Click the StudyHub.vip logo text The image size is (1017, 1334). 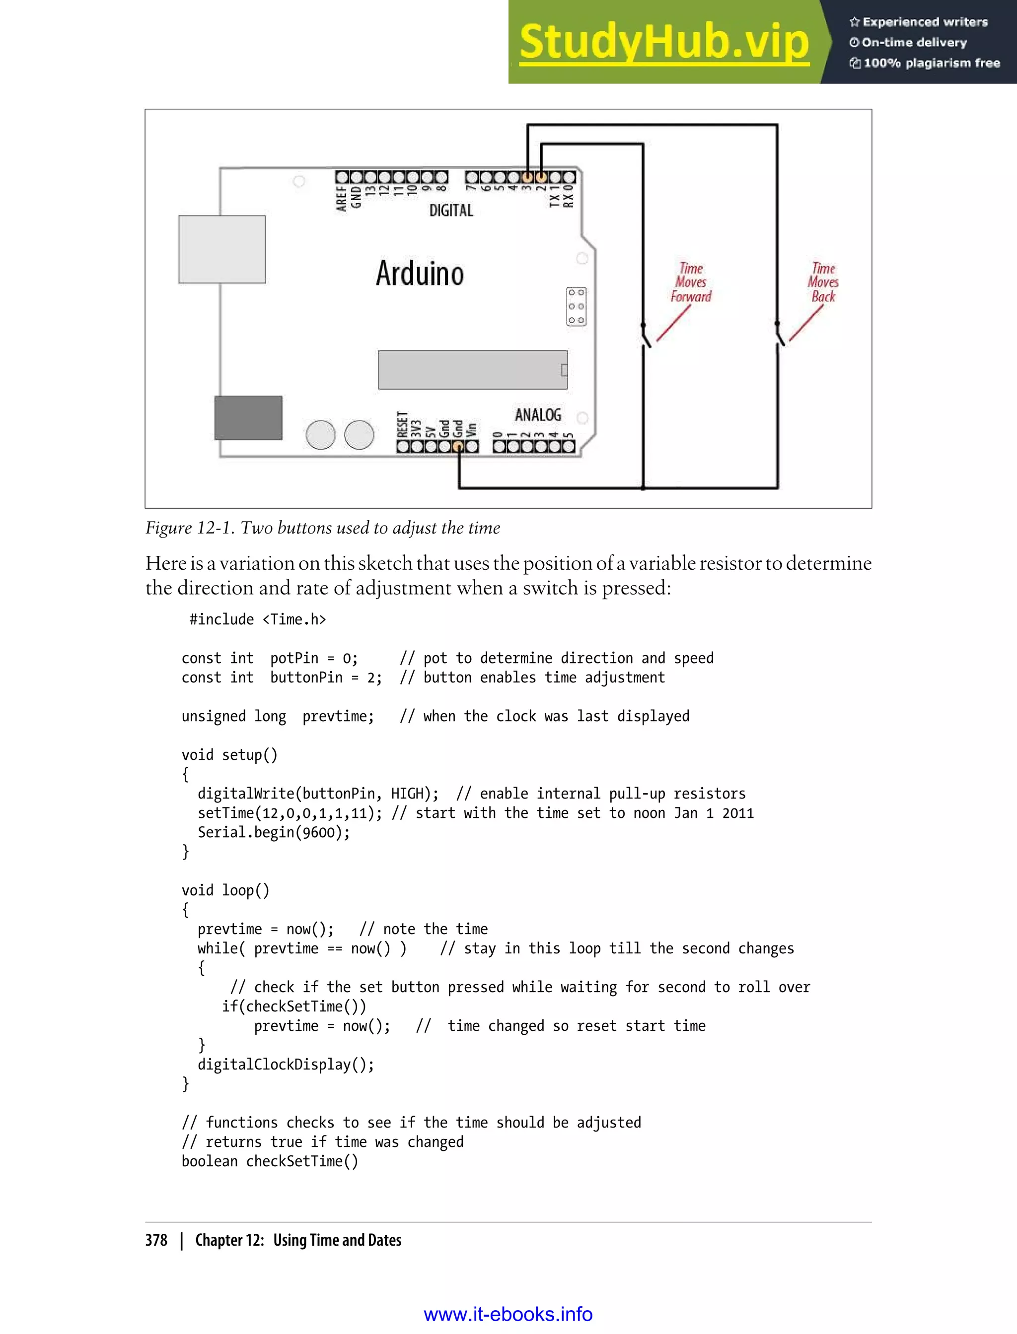pos(664,42)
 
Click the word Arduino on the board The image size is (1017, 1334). pos(420,273)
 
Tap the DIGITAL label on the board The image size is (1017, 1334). pos(451,210)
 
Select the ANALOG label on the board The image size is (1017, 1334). pos(538,415)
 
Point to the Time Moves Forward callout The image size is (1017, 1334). pos(691,282)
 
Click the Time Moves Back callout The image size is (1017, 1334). pos(823,282)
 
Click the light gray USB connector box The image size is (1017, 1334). pos(221,249)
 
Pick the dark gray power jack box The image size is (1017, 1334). pos(248,417)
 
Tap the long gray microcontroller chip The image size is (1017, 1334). pos(472,369)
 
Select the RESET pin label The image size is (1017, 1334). pos(402,424)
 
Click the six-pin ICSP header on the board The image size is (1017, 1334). pos(576,307)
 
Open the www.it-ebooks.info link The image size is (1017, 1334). pos(508,1314)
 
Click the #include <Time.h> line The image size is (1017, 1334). pos(257,619)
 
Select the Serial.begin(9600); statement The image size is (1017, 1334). pos(274,832)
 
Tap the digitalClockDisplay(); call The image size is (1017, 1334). pos(286,1065)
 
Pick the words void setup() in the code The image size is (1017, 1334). pos(229,755)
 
